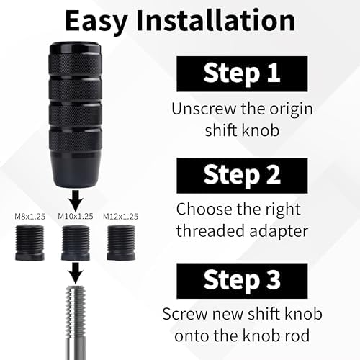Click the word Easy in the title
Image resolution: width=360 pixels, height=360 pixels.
coord(96,21)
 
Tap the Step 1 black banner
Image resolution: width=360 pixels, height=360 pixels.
coord(242,74)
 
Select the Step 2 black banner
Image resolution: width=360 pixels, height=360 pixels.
coord(242,176)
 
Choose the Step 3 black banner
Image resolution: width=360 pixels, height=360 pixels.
coord(242,281)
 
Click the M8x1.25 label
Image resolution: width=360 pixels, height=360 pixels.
coord(30,217)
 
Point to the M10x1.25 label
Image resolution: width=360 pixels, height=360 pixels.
coord(76,216)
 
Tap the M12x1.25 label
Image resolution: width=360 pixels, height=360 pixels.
coord(120,217)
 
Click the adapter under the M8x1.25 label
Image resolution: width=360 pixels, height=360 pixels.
coord(30,243)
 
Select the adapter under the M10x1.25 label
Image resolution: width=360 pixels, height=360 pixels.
coord(76,243)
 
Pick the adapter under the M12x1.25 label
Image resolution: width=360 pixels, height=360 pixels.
coord(121,243)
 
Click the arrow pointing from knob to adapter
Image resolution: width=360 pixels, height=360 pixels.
coord(76,200)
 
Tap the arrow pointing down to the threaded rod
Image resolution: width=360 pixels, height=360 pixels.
coord(76,273)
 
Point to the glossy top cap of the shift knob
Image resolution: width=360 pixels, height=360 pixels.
coord(76,49)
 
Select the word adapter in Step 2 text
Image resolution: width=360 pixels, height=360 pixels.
coord(279,232)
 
